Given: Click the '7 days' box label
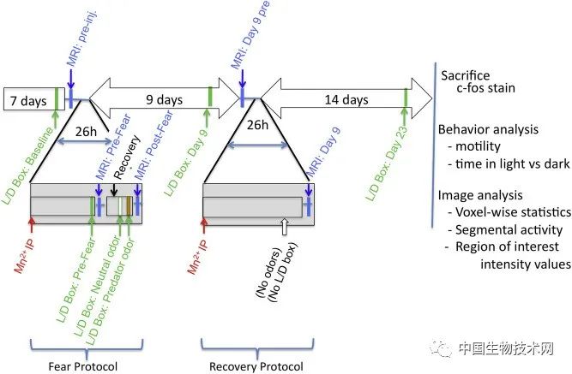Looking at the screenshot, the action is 28,100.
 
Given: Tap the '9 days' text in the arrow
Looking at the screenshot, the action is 164,99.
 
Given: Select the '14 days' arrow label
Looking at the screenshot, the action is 346,99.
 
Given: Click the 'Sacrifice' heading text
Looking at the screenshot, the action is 465,75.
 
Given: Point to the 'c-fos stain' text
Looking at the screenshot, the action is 485,88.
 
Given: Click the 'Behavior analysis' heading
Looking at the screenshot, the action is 488,129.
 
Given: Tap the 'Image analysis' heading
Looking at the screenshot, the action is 480,195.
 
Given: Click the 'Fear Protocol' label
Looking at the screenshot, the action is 83,366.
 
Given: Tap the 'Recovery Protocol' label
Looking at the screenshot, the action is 256,366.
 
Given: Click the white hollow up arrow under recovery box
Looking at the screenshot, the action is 285,227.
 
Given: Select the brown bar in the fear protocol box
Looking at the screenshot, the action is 129,206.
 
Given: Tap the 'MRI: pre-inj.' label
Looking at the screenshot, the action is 82,39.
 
